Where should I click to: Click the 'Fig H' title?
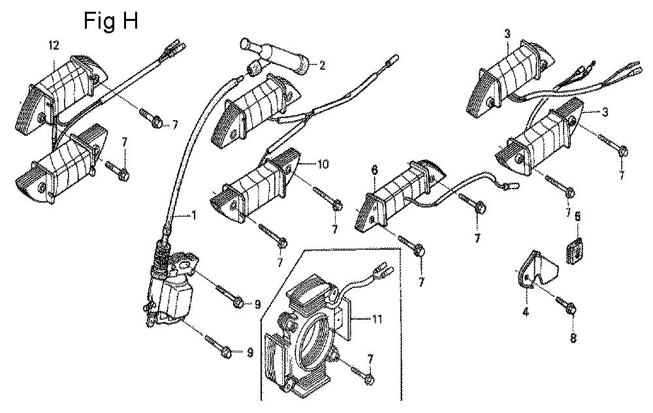click(x=111, y=22)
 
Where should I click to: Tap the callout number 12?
click(x=54, y=46)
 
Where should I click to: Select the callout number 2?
click(x=323, y=65)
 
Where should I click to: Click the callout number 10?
click(x=323, y=164)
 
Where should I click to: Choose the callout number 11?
click(x=377, y=319)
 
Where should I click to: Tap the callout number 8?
click(x=573, y=338)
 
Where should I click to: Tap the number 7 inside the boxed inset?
click(x=370, y=358)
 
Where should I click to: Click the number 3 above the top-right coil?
click(x=507, y=34)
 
